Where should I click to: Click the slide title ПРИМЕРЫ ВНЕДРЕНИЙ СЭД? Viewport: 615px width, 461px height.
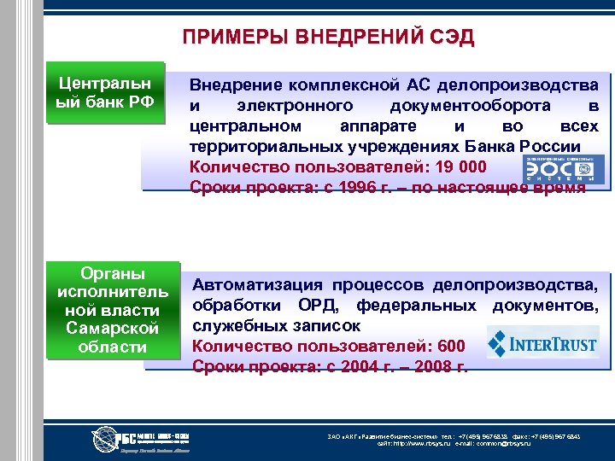point(328,38)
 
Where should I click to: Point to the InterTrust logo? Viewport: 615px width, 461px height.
point(542,343)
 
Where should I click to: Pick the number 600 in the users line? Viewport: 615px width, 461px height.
point(450,346)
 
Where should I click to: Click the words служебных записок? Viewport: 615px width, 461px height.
point(276,325)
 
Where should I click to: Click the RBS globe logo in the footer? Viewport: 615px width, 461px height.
point(109,439)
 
